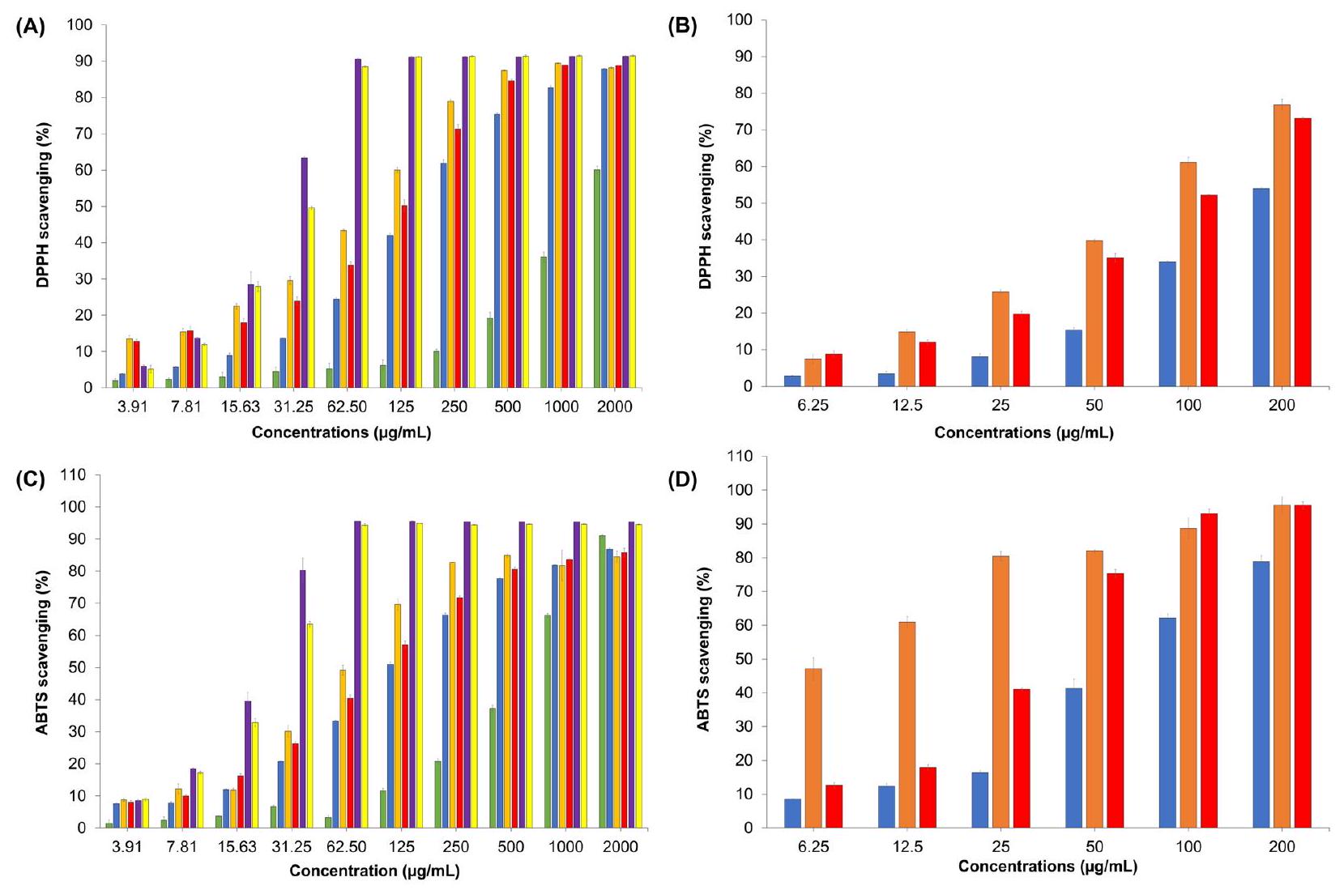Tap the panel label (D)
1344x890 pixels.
[x=682, y=481]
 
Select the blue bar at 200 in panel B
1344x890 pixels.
[x=1261, y=287]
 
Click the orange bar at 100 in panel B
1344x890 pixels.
[x=1188, y=275]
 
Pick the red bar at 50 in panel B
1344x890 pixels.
[x=1115, y=322]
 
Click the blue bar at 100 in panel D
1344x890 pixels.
[x=1167, y=722]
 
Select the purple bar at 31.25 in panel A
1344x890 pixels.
[x=304, y=273]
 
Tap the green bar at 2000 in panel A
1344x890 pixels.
[x=597, y=279]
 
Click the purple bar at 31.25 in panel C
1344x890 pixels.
[x=303, y=699]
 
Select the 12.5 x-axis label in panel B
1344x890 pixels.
[x=907, y=406]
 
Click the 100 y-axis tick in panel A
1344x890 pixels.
[x=81, y=25]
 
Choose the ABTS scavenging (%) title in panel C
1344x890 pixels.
[x=43, y=653]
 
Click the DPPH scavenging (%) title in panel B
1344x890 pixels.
[x=705, y=207]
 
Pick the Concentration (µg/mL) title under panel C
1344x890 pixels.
[x=374, y=871]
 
